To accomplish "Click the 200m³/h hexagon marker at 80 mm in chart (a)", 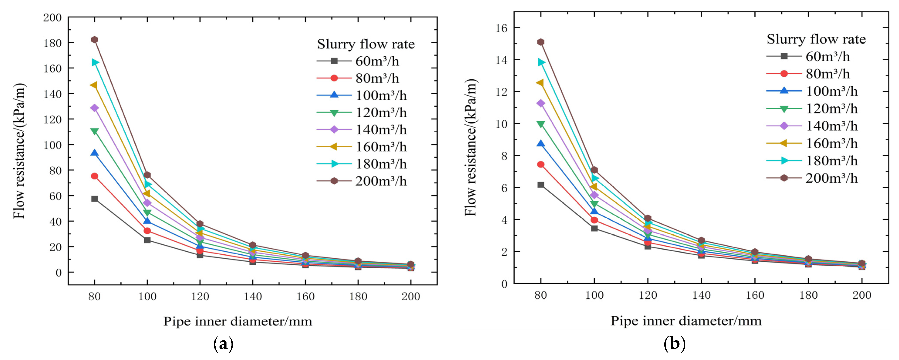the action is click(94, 40).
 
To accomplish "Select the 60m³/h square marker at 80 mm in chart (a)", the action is click(94, 199).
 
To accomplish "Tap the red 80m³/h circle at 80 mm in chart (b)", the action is click(541, 164).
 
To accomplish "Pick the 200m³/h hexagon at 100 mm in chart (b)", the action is click(594, 170).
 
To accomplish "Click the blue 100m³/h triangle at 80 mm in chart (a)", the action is click(94, 153).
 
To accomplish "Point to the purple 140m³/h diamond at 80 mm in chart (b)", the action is click(541, 103).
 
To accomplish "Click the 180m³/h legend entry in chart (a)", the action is click(362, 164).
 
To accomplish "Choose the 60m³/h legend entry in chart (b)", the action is click(808, 56).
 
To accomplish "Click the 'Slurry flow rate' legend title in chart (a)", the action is click(366, 44).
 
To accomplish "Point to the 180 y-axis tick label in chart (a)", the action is click(52, 43).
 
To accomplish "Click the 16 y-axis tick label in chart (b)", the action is click(502, 28).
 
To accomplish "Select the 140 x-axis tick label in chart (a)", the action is click(253, 296).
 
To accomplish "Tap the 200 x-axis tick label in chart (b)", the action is click(862, 295).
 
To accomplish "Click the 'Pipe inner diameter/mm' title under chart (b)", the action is click(686, 321).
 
